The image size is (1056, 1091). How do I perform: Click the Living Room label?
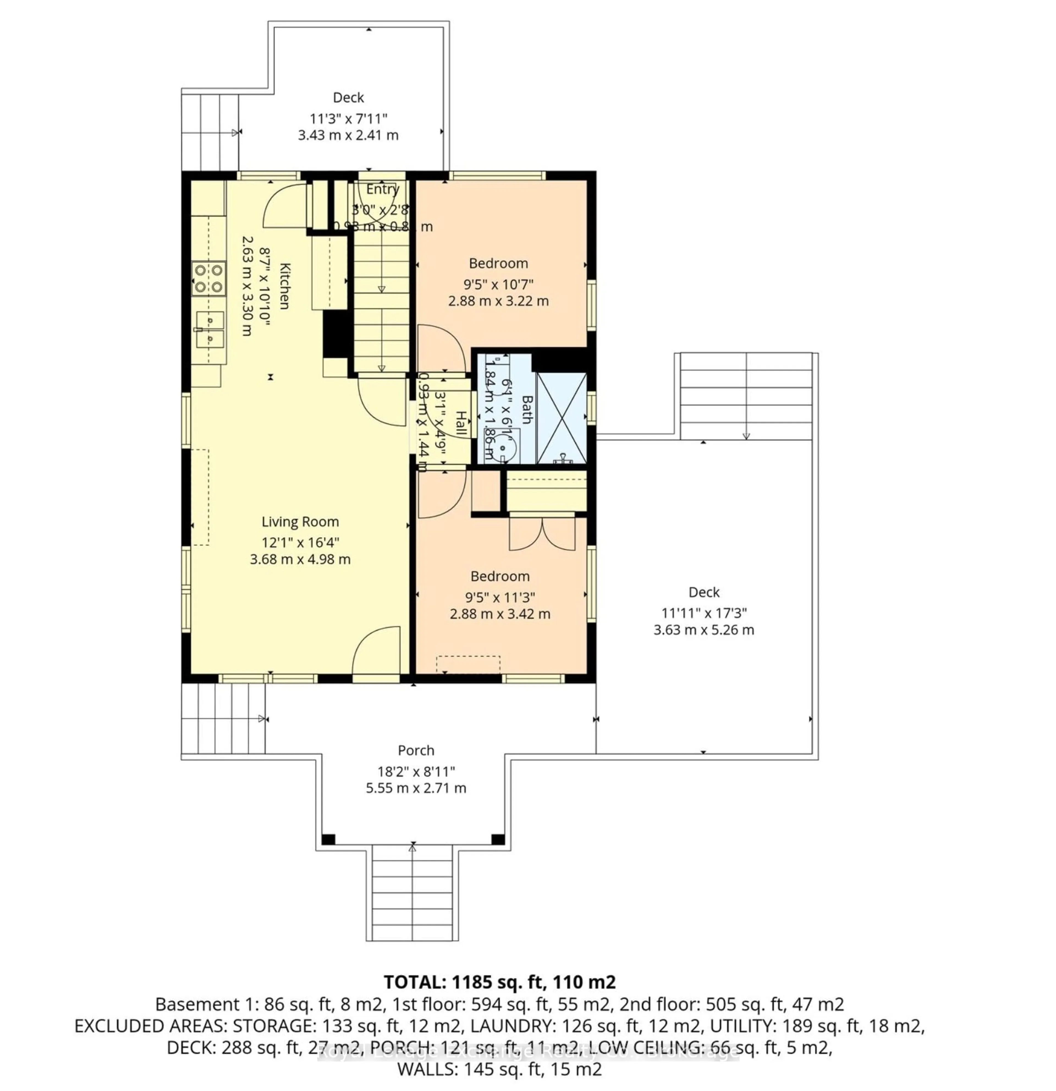300,522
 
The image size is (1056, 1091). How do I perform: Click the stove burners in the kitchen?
209,278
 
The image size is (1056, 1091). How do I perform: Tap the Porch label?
416,750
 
